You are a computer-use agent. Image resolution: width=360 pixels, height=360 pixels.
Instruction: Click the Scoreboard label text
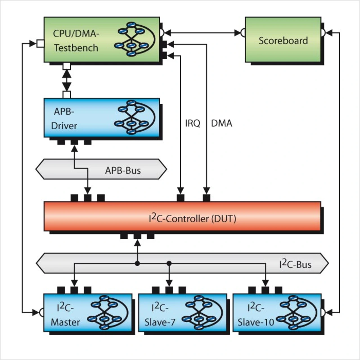(283, 41)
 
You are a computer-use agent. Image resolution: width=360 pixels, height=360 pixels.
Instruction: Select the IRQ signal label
(193, 123)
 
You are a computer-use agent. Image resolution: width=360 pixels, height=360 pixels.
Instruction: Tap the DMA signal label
(222, 123)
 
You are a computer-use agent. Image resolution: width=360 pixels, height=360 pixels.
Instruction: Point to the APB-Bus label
(123, 170)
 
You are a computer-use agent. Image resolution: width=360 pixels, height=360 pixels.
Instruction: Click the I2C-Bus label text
(295, 264)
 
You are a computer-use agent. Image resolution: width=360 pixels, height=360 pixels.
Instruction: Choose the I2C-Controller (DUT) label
(192, 218)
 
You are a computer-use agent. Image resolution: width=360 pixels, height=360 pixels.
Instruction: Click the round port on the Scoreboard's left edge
(243, 33)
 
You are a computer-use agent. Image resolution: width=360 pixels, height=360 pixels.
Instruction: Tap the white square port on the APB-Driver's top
(67, 94)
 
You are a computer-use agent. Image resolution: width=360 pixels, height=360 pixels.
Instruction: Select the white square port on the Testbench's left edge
(40, 44)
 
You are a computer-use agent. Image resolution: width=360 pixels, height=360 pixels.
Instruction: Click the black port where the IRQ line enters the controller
(180, 198)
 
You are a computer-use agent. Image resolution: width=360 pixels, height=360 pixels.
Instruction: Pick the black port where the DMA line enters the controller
(206, 198)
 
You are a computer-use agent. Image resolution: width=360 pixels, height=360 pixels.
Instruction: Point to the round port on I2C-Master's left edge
(41, 312)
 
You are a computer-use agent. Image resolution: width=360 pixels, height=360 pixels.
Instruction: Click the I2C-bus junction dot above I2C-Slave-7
(169, 263)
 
